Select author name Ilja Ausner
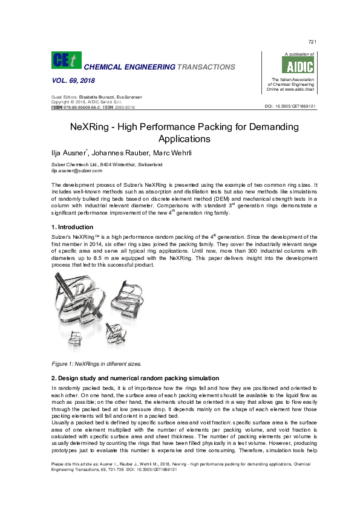[x=69, y=152]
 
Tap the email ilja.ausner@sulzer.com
[x=74, y=170]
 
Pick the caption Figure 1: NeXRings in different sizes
[x=97, y=364]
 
